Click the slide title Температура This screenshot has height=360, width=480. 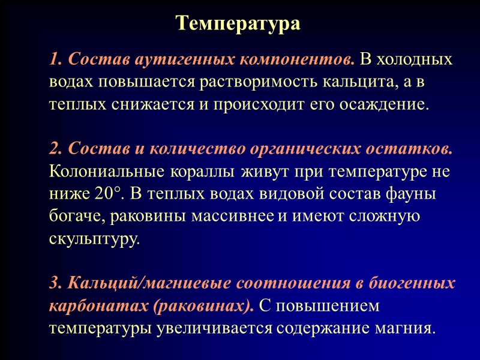pos(238,23)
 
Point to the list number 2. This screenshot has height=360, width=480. pos(55,148)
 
